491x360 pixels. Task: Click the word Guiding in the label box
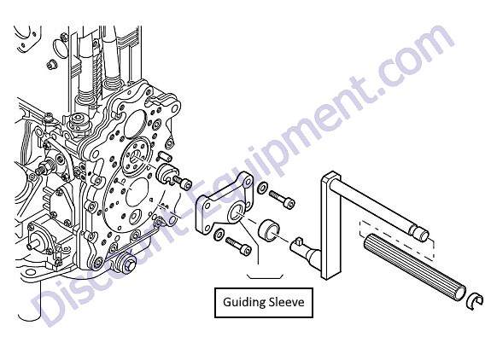tap(241, 303)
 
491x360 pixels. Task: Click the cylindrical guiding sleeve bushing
tap(268, 230)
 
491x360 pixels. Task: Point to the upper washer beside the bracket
tap(262, 188)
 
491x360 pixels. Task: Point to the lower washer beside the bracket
tap(219, 235)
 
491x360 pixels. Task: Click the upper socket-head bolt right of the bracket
tap(282, 199)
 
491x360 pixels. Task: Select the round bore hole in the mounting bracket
tap(237, 213)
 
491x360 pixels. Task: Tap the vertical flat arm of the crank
tap(330, 225)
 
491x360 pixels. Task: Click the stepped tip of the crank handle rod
tap(421, 233)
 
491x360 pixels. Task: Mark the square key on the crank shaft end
tap(298, 241)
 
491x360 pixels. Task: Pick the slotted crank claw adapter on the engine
tap(167, 174)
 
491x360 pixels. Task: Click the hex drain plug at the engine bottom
tap(126, 264)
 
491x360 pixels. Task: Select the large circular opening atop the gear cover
tap(135, 125)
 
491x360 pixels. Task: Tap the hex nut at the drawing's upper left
tap(51, 65)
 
